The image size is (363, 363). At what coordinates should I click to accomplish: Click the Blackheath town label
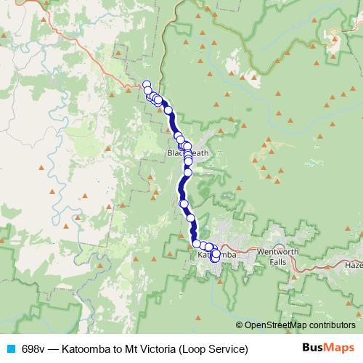coord(187,153)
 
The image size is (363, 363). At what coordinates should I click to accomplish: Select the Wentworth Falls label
coord(278,256)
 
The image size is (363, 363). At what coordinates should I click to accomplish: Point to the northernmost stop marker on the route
coord(146,84)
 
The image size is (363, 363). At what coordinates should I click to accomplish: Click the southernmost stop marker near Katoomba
coord(215,258)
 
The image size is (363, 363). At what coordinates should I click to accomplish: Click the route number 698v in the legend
coord(33,349)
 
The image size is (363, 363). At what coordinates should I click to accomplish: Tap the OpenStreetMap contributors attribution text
coord(300,325)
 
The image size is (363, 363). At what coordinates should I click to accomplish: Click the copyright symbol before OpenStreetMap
coord(240,325)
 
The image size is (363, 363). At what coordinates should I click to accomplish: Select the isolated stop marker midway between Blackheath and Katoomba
coord(184,203)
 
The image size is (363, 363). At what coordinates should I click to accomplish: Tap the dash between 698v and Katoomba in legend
coord(54,349)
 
